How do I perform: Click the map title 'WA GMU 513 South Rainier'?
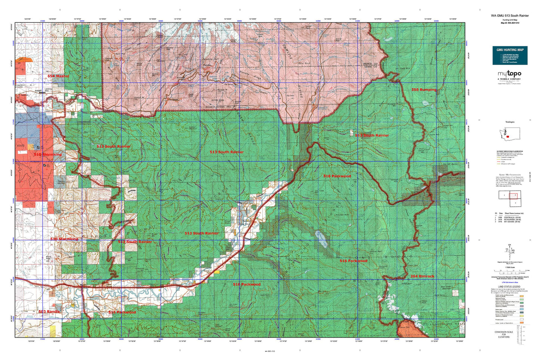tap(510, 16)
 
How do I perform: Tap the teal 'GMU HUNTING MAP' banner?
tap(510, 49)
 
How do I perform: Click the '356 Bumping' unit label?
tap(424, 90)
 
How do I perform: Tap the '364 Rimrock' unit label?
tap(422, 276)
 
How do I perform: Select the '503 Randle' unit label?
tap(49, 311)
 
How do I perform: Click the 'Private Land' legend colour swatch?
tap(521, 320)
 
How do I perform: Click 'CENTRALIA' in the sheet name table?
tap(511, 216)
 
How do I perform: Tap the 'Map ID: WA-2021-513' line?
tap(510, 23)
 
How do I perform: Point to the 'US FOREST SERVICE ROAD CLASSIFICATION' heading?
tap(510, 151)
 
